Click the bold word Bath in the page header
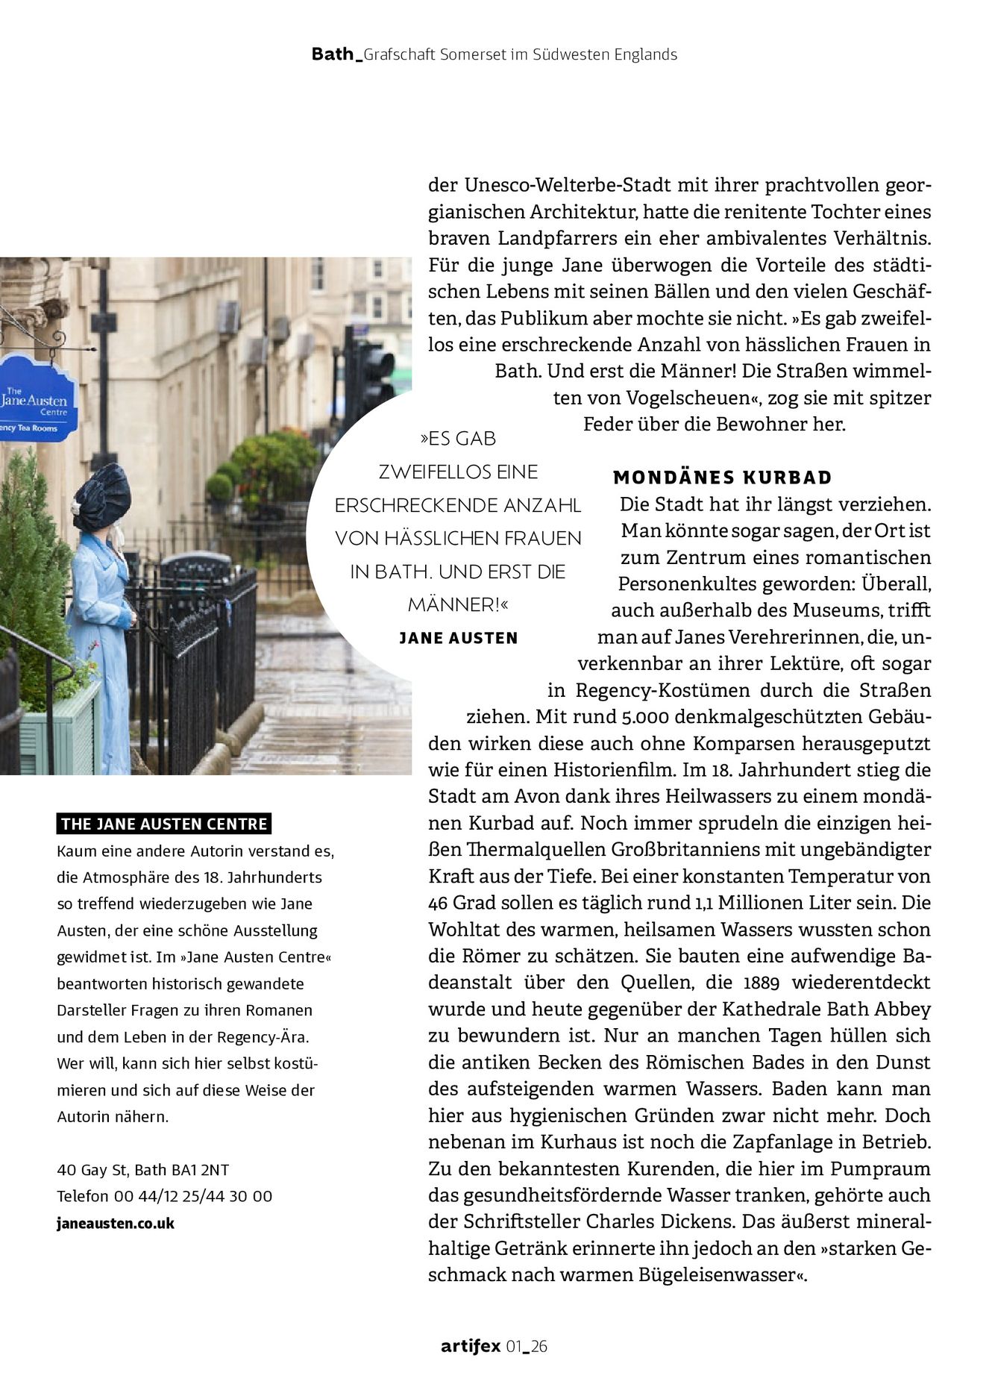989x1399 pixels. click(x=333, y=54)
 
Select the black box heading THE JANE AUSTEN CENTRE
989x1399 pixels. click(x=164, y=824)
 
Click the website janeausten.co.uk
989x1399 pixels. click(x=116, y=1223)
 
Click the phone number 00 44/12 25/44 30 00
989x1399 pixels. click(x=193, y=1196)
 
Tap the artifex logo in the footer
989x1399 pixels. click(x=471, y=1346)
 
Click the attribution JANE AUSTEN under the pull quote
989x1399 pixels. click(x=459, y=638)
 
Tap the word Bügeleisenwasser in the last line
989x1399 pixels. click(x=719, y=1275)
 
